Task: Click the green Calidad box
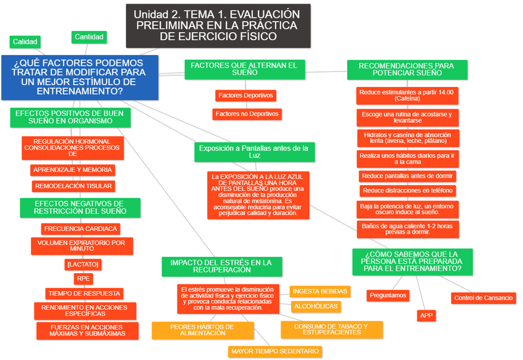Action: click(x=25, y=42)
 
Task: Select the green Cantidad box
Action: click(x=89, y=37)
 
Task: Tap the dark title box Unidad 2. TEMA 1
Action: click(x=218, y=26)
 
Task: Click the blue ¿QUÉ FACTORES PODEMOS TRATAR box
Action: click(x=80, y=77)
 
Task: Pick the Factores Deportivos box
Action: click(x=245, y=96)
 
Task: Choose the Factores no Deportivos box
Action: click(x=247, y=114)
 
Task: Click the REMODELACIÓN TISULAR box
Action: click(x=73, y=186)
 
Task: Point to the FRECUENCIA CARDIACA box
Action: click(x=80, y=229)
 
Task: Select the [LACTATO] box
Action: click(x=82, y=264)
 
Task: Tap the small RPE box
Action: click(x=84, y=279)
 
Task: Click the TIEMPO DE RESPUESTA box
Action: click(x=84, y=293)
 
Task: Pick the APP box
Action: click(x=426, y=316)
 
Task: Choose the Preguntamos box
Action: click(x=388, y=295)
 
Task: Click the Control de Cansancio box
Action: click(x=483, y=298)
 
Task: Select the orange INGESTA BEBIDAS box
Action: click(x=320, y=291)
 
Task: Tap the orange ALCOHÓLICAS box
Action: click(x=316, y=306)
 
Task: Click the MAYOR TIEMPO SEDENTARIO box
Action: click(x=275, y=351)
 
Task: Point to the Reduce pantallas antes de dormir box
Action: click(x=407, y=176)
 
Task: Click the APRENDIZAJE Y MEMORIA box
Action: click(x=73, y=170)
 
